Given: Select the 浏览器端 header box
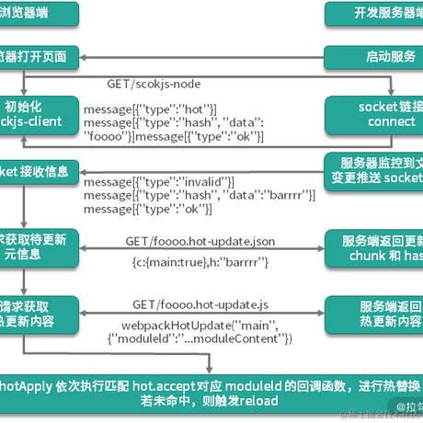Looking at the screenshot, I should (x=37, y=14).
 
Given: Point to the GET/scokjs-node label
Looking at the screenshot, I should (x=154, y=83).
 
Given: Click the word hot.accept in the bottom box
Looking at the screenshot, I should (x=156, y=383).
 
